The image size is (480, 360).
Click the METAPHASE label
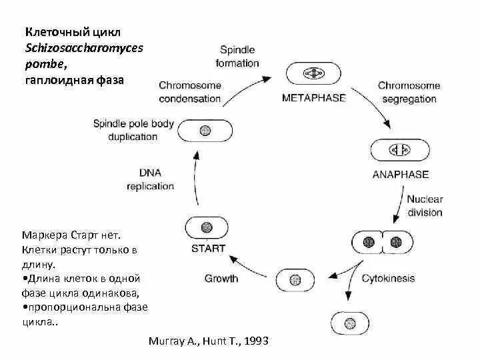pos(313,97)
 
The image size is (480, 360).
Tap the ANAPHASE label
pos(400,175)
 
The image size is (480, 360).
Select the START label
pos(207,248)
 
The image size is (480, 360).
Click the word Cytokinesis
pos(388,278)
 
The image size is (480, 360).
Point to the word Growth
pos(221,278)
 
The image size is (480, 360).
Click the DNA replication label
pos(150,179)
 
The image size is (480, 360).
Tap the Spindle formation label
pos(239,57)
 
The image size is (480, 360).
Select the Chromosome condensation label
pos(190,92)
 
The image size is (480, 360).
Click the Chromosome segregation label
pos(409,92)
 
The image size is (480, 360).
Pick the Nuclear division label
pos(425,206)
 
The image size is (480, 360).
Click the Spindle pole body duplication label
pos(133,130)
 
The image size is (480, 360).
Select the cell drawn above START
pos(207,227)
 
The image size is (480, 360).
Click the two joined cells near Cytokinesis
pos(379,242)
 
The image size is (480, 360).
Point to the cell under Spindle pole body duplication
pos(205,130)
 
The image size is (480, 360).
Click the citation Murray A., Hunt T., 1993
pos(209,341)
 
